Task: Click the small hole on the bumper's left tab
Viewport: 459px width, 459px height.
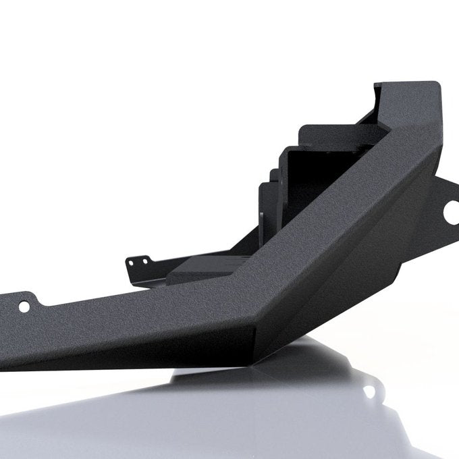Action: (x=24, y=306)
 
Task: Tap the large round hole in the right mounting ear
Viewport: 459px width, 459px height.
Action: (x=447, y=218)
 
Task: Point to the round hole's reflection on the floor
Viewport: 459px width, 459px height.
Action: (x=369, y=391)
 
